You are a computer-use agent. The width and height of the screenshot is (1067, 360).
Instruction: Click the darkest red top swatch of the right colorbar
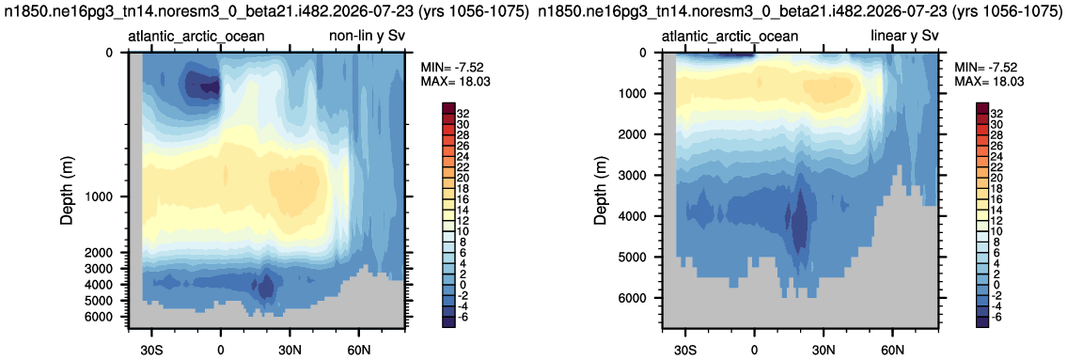983,109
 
